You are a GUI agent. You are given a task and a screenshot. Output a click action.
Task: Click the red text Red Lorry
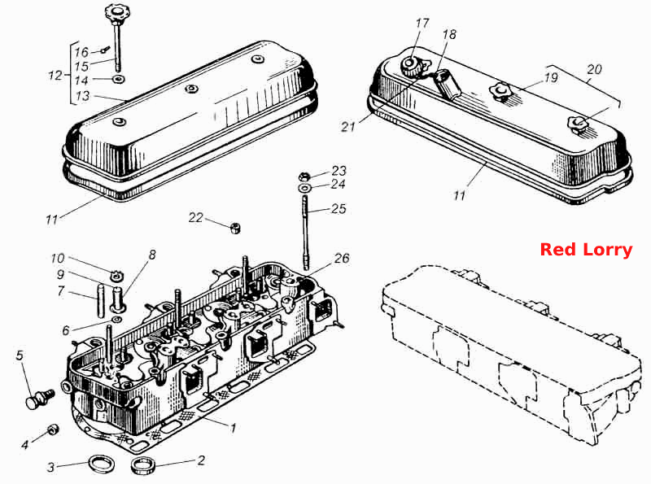coord(586,250)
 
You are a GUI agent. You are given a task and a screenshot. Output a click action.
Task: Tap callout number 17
coord(422,24)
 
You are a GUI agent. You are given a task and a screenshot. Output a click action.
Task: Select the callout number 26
coord(342,258)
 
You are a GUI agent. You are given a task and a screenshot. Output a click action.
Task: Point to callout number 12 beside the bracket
coord(55,75)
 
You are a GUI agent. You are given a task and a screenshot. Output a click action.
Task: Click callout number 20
coord(594,69)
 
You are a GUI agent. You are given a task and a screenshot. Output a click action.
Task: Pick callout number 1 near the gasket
coord(234,428)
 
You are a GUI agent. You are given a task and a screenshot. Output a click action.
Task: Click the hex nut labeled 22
coord(235,228)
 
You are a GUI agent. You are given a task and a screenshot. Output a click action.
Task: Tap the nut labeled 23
coord(304,176)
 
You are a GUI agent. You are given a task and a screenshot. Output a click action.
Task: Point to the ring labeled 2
coord(143,465)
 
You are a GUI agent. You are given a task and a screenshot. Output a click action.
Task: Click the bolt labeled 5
coord(40,398)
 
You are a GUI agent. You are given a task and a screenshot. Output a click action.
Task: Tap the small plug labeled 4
coord(53,429)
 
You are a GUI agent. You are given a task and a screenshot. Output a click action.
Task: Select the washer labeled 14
coord(119,79)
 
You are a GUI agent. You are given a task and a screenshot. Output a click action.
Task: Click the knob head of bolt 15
coord(113,11)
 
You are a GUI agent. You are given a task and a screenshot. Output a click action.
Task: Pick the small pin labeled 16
coord(104,50)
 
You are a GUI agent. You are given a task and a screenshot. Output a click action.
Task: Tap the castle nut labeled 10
coord(116,275)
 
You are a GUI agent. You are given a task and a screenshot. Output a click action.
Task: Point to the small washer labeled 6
coord(117,320)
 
